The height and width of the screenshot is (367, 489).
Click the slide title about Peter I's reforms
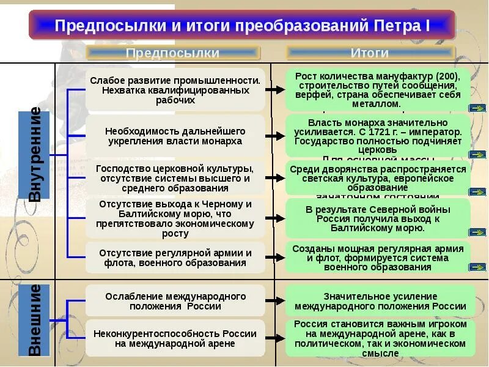242,26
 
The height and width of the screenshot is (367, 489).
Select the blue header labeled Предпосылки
173,53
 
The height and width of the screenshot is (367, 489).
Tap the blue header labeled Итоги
370,53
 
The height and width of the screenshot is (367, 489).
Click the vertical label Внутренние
36,154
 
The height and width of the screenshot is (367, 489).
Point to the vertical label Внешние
36,319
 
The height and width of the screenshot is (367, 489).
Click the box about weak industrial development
175,91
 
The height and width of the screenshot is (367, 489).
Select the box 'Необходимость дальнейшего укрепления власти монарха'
175,136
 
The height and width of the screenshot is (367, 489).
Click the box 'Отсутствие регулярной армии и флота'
175,258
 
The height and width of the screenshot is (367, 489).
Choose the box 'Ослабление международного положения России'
175,301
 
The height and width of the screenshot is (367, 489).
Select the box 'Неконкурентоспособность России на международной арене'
175,338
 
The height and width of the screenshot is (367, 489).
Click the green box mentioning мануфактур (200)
378,90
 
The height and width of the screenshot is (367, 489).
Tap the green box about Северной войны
378,218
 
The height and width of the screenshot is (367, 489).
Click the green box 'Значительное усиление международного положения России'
378,301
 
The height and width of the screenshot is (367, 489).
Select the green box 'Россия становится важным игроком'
378,338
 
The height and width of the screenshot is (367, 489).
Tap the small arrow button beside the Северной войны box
476,232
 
